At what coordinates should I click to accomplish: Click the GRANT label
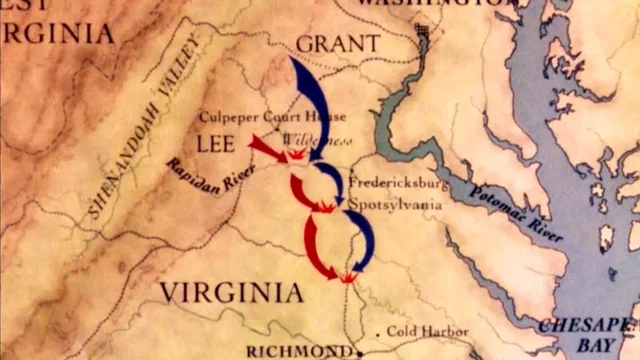(338, 43)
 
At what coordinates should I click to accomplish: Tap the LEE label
(215, 144)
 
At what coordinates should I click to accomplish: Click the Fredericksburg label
(398, 184)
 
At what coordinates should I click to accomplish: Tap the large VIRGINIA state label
(231, 292)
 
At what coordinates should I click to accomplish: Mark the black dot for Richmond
(358, 351)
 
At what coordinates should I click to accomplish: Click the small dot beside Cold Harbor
(378, 331)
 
